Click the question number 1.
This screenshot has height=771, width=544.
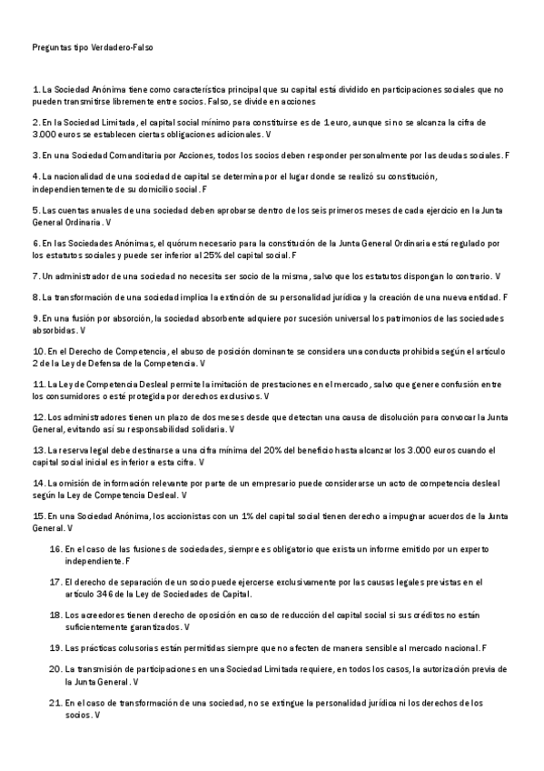(35, 89)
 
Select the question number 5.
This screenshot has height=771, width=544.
(35, 210)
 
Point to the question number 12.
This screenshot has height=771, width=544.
(37, 416)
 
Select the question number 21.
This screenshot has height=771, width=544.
(54, 703)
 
